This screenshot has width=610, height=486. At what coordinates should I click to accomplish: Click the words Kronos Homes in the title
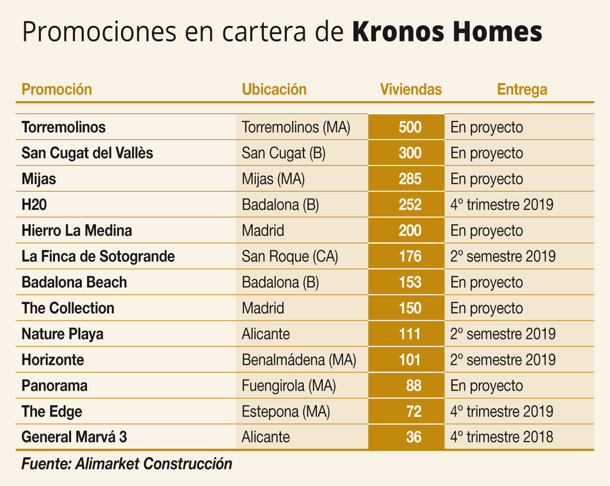(447, 32)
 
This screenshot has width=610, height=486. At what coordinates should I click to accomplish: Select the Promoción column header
(57, 89)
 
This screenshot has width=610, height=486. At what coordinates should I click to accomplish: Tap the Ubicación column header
(274, 89)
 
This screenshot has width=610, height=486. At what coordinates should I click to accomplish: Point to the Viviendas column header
(411, 89)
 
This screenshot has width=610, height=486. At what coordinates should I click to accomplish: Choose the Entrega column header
(522, 89)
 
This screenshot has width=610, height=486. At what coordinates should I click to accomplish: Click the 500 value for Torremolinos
(410, 127)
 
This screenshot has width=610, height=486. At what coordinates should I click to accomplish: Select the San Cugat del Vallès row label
(87, 153)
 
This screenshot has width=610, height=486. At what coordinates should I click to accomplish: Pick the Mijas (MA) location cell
(273, 179)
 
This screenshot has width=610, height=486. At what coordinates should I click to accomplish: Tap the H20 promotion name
(34, 205)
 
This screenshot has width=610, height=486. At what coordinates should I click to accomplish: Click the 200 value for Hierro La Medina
(410, 231)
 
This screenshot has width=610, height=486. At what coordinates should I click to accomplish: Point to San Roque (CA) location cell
(290, 257)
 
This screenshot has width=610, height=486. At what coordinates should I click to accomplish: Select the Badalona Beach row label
(74, 282)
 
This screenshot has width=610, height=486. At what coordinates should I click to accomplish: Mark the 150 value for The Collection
(410, 308)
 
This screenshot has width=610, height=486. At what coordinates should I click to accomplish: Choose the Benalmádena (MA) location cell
(299, 360)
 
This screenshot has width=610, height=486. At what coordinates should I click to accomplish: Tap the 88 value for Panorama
(413, 386)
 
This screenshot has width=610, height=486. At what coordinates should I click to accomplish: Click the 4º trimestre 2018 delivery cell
(502, 437)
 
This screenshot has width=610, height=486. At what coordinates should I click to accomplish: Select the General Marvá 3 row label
(74, 437)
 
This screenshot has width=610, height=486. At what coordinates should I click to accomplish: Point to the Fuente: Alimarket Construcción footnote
(127, 464)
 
